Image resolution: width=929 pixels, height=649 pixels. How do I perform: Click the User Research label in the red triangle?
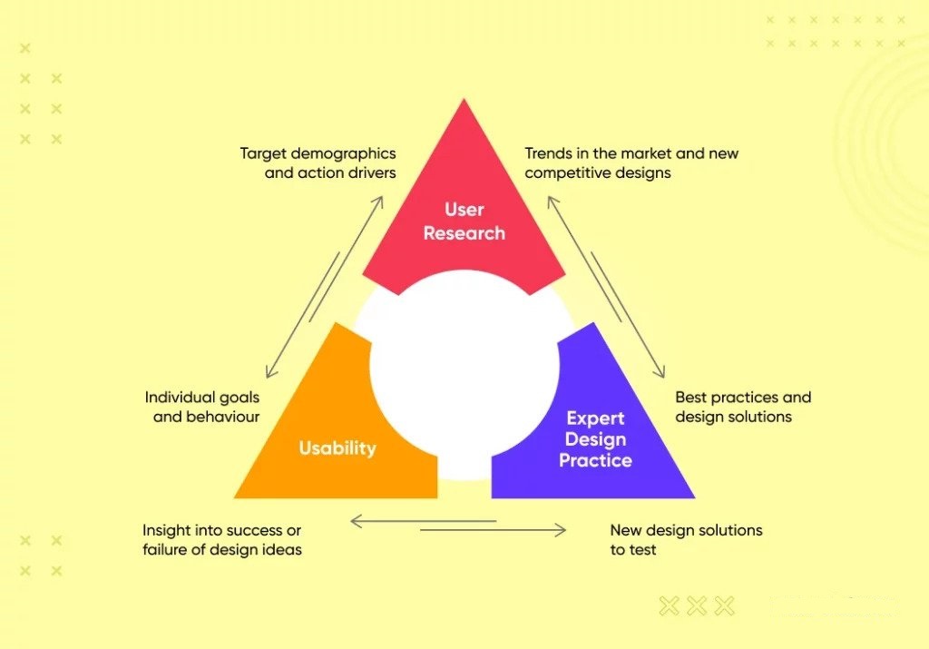click(x=464, y=221)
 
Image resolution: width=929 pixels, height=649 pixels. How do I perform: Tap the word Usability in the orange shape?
click(x=337, y=448)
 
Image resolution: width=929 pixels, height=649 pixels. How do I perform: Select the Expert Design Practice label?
click(x=595, y=439)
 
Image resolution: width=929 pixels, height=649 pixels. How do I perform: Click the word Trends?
click(x=545, y=153)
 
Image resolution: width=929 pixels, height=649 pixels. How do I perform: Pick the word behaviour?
click(x=223, y=417)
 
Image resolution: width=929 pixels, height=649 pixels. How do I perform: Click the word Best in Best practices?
click(x=690, y=397)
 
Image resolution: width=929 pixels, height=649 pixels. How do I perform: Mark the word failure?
click(x=162, y=549)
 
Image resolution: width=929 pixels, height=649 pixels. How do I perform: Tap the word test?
click(x=643, y=550)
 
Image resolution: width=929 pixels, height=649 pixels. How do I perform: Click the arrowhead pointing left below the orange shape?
click(x=357, y=522)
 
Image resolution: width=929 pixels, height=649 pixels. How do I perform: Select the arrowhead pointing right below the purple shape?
click(x=560, y=530)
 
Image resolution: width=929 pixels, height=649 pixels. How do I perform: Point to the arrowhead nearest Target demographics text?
click(x=377, y=202)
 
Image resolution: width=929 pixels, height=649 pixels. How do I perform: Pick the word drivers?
click(x=373, y=173)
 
